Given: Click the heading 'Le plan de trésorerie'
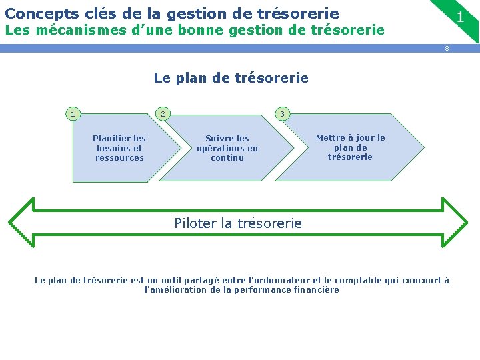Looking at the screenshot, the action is (x=231, y=78).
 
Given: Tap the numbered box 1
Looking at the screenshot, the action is (x=73, y=114).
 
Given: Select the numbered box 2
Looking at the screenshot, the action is (x=161, y=114).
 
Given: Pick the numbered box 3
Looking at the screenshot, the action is (x=282, y=114).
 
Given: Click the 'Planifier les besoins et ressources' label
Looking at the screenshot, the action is (x=119, y=148).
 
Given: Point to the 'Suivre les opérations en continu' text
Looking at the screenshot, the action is (x=227, y=148).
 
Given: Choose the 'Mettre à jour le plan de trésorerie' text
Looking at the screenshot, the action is (x=350, y=147).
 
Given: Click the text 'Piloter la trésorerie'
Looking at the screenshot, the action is (x=238, y=223).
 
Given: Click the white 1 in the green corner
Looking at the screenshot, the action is (x=460, y=17).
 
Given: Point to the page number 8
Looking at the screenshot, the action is (x=447, y=48).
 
